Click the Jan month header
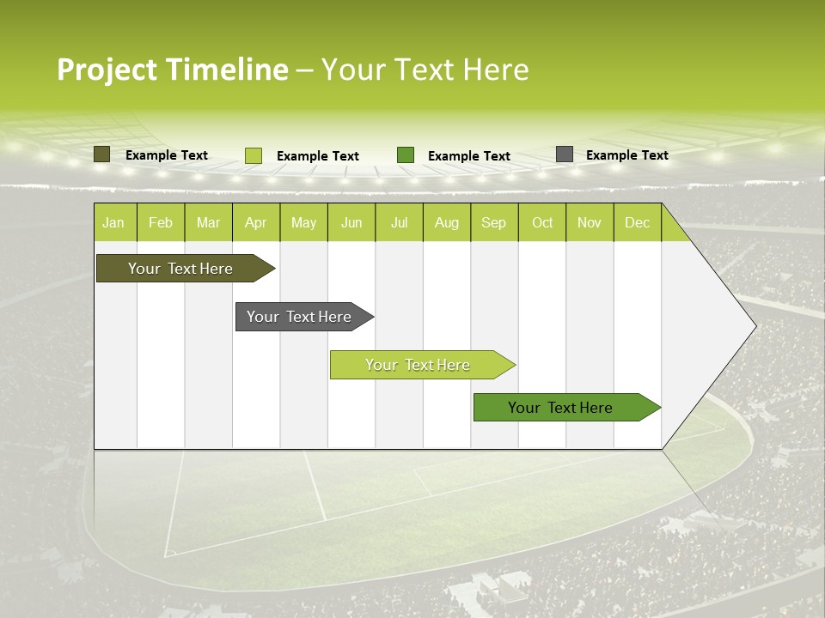point(113,222)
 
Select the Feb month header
point(161,222)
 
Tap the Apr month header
point(255,222)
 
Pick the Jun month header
point(351,222)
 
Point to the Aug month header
point(446,222)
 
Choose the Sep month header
point(493,222)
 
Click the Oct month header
point(542,222)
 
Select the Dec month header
point(637,222)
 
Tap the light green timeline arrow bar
point(419,365)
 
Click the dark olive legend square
point(101,154)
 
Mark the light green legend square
point(253,155)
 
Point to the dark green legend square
point(406,154)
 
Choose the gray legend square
point(565,154)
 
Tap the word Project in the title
point(107,70)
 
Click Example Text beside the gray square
point(626,155)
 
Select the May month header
point(303,222)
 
